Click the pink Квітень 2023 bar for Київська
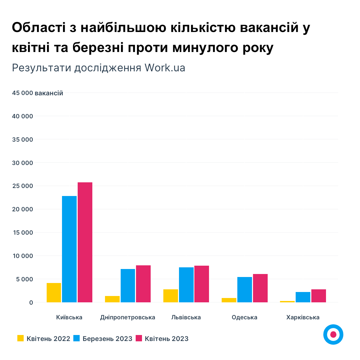point(85,242)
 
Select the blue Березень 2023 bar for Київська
point(69,249)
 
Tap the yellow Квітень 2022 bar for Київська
point(54,293)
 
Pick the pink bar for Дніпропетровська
point(143,284)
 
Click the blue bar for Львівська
point(186,285)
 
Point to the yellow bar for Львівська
point(171,296)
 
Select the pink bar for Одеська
point(260,288)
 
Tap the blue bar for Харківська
point(303,297)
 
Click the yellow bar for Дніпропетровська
point(112,299)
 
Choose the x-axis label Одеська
point(245,317)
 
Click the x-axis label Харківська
point(303,317)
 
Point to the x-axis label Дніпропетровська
point(128,317)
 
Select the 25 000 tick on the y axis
point(23,186)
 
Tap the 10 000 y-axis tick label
point(23,256)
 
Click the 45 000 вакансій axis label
point(37,93)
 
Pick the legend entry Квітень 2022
point(48,339)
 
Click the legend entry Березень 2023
point(107,339)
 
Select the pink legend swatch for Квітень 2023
point(139,338)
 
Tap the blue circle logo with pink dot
point(333,334)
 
